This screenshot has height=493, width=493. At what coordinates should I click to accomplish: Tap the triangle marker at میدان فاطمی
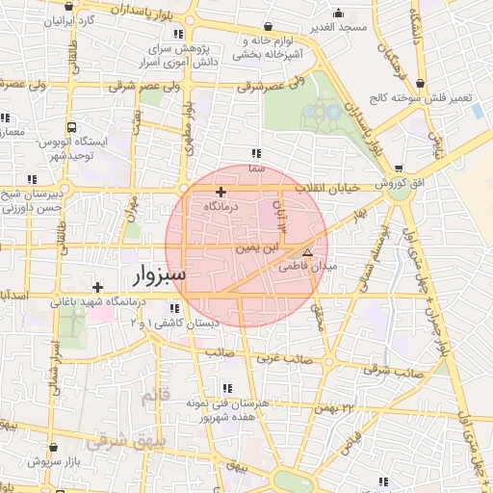point(308,251)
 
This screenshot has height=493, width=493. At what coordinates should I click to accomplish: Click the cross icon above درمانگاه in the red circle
point(221,193)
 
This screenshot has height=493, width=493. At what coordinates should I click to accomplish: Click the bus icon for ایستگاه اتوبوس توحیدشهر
point(73,127)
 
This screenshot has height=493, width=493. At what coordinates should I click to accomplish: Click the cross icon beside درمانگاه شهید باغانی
point(96,287)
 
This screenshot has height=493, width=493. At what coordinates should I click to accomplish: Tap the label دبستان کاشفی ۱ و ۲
point(164,324)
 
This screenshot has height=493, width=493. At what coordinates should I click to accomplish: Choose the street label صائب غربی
point(287,358)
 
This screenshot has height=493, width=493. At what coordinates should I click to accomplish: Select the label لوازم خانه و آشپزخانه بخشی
point(262,48)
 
